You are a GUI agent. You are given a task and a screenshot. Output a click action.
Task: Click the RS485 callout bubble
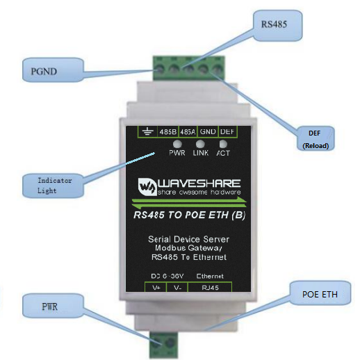(278, 26)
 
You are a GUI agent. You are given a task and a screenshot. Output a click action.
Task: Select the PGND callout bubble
(53, 70)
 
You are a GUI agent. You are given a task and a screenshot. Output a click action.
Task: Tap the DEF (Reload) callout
(316, 138)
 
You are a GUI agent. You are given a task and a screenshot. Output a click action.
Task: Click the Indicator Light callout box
(53, 186)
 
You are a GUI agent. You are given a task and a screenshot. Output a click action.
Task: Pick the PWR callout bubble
(53, 306)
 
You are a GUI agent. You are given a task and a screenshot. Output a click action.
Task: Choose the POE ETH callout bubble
(320, 293)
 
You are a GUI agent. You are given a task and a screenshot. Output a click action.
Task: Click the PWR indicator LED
(177, 144)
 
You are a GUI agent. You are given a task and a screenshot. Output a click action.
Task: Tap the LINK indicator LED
(200, 144)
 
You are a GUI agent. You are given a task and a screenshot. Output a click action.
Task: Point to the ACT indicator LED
(223, 144)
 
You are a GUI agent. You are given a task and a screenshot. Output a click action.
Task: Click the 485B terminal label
(168, 132)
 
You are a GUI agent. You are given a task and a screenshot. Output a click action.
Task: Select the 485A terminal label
(188, 132)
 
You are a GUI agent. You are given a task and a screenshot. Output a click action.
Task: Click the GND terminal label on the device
(208, 131)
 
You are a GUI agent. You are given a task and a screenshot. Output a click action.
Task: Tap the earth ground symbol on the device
(147, 132)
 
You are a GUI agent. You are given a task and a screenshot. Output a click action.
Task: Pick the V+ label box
(156, 288)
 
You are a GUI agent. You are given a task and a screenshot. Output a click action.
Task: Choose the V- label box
(177, 288)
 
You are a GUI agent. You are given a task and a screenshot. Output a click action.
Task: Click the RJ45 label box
(210, 288)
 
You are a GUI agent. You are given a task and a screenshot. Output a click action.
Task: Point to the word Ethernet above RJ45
(210, 276)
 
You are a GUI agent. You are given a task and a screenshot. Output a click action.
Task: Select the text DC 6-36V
(167, 276)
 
